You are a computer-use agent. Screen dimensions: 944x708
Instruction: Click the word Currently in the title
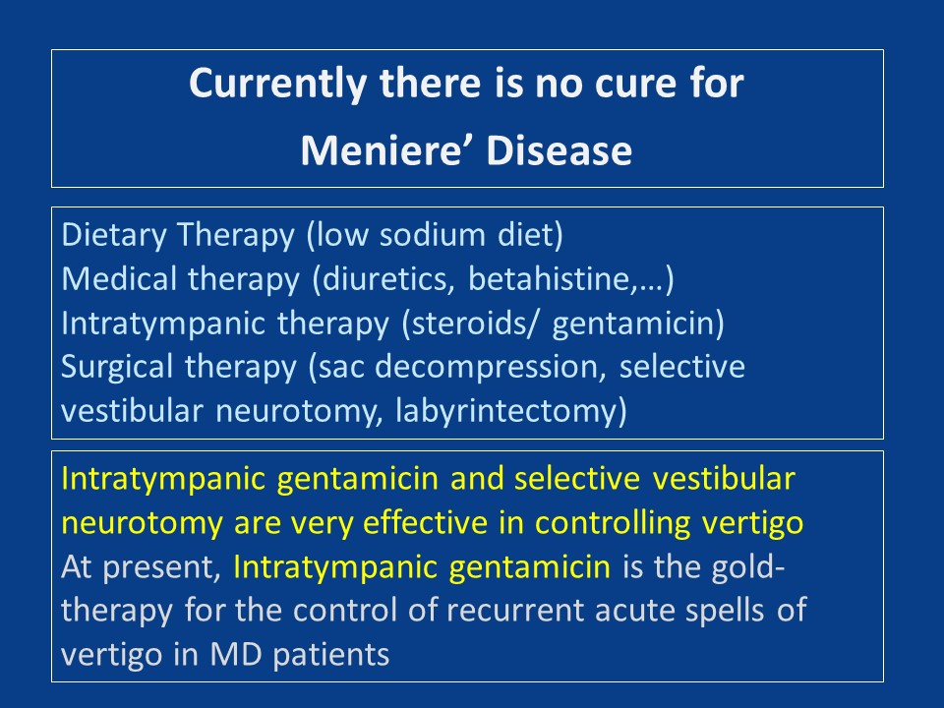(x=277, y=85)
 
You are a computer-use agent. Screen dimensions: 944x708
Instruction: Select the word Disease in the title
(x=559, y=149)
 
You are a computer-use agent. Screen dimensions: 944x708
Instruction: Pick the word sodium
(x=433, y=235)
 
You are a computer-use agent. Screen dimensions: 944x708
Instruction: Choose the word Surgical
(x=117, y=368)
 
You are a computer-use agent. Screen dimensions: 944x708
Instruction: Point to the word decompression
(x=490, y=368)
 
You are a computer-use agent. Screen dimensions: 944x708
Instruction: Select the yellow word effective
(x=425, y=522)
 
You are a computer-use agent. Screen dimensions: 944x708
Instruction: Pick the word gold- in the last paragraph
(x=748, y=567)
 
